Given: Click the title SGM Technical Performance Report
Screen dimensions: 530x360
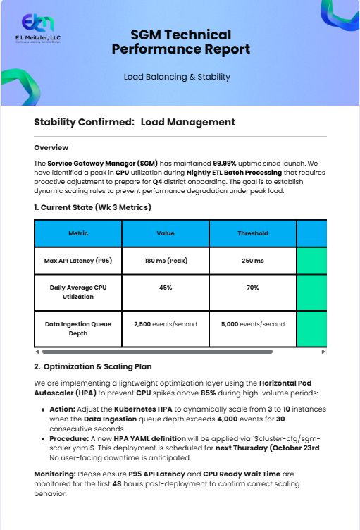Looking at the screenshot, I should coord(180,42).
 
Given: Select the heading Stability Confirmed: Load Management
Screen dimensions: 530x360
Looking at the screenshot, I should coord(135,123).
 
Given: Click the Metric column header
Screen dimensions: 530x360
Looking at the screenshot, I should coord(78,233).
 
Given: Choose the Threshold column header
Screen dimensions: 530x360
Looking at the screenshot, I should coord(253,233).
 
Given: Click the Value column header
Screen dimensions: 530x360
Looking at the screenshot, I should coord(166,233).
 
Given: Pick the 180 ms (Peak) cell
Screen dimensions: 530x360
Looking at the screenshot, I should coord(166,261).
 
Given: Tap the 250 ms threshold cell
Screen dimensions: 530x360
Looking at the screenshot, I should coord(253,261).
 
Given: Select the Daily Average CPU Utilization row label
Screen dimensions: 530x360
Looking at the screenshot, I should coord(78,292).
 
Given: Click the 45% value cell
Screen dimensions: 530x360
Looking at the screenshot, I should coord(166,288).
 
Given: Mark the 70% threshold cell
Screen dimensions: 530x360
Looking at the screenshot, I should coord(253,288).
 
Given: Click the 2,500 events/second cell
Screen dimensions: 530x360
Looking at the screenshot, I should coord(166,324).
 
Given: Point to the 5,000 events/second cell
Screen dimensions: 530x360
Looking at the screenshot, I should coord(253,324).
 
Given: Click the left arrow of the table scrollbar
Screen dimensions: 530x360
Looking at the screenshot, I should coord(37,351).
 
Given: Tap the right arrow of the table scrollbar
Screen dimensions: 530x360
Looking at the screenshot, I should coord(323,351).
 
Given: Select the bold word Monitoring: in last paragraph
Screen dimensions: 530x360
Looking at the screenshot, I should coord(56,474).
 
